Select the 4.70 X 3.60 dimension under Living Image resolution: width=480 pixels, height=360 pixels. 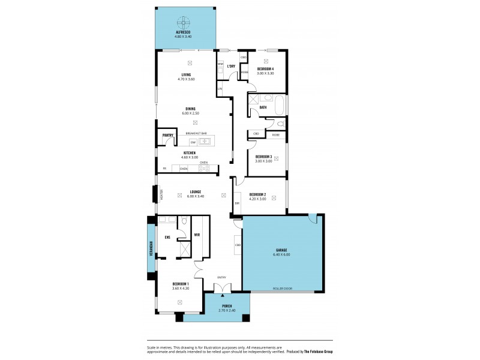[186, 79]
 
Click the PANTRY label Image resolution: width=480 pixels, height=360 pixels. [167, 136]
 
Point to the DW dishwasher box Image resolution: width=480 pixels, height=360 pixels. [193, 142]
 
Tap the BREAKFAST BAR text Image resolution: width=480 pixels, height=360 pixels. [196, 133]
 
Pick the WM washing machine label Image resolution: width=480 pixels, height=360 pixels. [220, 63]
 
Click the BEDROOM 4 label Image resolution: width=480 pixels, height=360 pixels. [265, 69]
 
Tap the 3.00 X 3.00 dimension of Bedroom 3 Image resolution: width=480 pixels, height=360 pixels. [263, 161]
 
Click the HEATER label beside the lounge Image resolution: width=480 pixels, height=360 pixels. [161, 195]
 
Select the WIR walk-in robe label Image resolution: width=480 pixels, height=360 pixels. [196, 235]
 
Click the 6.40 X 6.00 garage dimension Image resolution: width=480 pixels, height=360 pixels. [281, 254]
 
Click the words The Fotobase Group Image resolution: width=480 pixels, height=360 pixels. [317, 351]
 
